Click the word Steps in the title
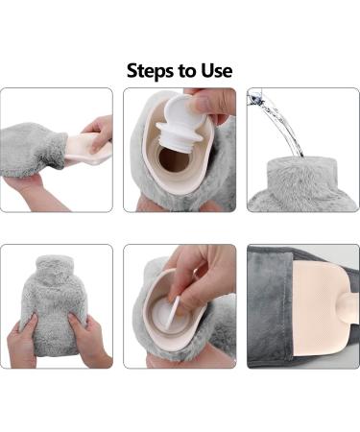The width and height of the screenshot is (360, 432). click(x=147, y=71)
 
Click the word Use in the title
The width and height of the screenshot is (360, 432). click(x=217, y=70)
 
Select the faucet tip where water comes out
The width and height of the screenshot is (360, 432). click(x=255, y=95)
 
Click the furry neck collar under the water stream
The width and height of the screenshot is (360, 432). click(x=302, y=175)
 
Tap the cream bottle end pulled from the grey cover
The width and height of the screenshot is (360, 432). click(x=87, y=149)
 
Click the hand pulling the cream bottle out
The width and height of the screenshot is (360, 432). click(x=99, y=132)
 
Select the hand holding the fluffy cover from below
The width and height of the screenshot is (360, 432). click(x=31, y=192)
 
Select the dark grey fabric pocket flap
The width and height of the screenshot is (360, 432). click(x=271, y=305)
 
